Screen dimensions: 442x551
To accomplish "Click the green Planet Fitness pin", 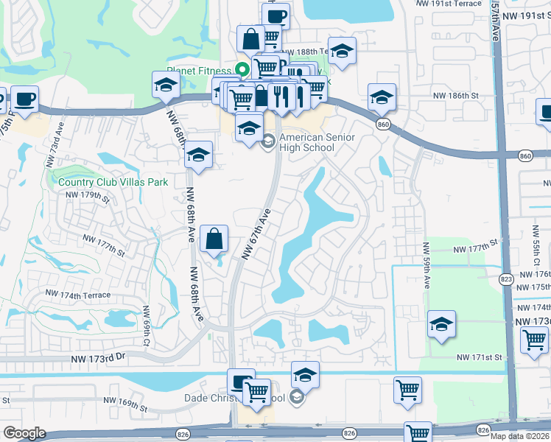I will [x=241, y=71].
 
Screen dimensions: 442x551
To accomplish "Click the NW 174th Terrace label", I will [x=77, y=295].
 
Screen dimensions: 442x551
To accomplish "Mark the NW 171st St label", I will [x=479, y=357].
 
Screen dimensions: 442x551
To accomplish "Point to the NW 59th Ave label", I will [x=426, y=262].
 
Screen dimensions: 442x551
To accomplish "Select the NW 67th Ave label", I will [x=256, y=234].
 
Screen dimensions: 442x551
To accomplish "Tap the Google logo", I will [x=24, y=432].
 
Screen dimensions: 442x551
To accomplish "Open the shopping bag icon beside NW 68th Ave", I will [x=214, y=239].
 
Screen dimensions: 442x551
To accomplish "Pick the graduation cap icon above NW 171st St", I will [x=441, y=324].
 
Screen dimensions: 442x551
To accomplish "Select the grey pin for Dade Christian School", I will [x=296, y=398].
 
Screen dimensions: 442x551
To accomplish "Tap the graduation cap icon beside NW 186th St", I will [x=382, y=97].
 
